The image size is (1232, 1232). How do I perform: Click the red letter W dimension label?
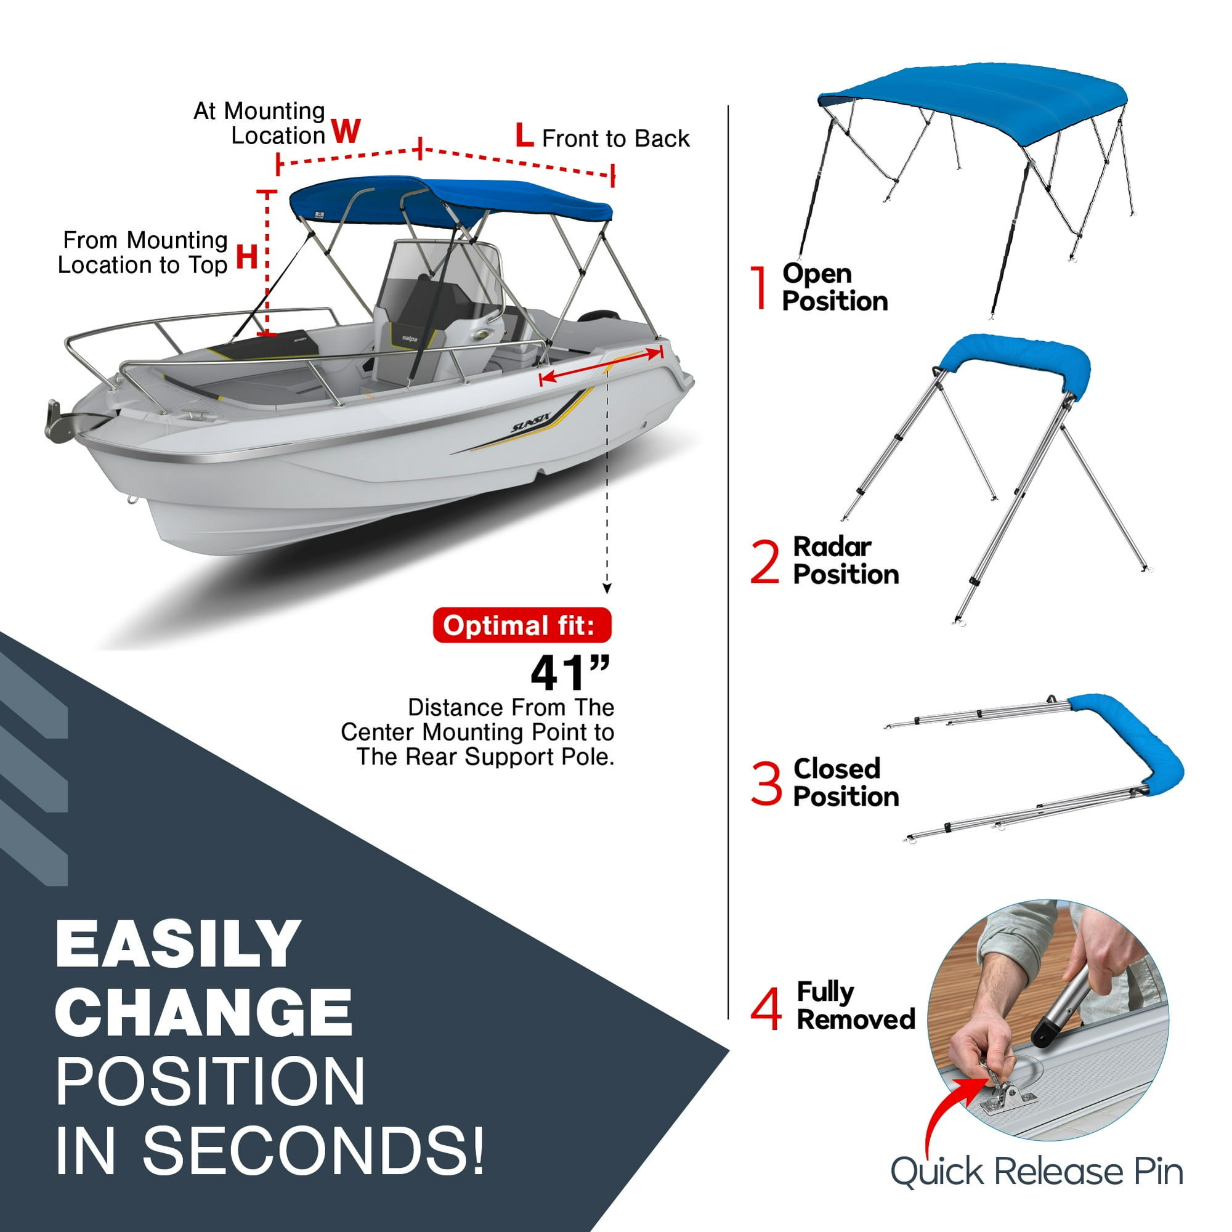[346, 131]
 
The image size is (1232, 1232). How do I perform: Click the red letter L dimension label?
[524, 135]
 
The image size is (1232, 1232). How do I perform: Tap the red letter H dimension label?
[247, 257]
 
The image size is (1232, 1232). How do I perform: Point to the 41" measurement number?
[569, 673]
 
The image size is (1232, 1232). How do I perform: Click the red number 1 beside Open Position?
[759, 288]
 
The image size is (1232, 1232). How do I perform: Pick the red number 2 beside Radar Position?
[765, 562]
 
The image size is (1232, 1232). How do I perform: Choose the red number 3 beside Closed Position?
[766, 783]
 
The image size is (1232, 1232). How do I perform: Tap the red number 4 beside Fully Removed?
[766, 1009]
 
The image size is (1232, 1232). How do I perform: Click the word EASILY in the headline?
[178, 944]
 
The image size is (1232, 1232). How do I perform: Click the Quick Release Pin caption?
[1036, 1172]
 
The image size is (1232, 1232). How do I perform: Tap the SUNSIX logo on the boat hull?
[530, 422]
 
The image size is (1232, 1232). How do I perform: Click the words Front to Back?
[615, 139]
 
